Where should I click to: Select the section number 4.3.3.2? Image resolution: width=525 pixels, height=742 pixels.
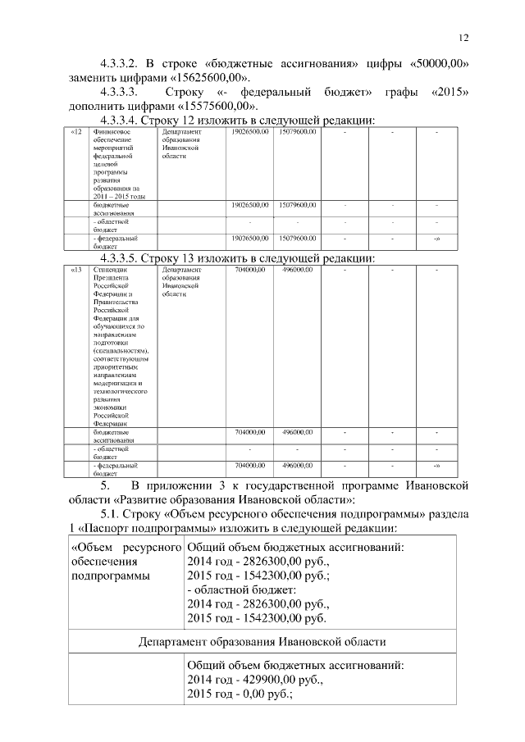121,63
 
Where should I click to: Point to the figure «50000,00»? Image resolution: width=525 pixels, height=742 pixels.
438,63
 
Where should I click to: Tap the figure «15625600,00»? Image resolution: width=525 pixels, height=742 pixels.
199,77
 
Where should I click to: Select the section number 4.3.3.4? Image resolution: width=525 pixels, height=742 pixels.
121,121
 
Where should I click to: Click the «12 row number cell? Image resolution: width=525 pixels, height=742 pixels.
75,132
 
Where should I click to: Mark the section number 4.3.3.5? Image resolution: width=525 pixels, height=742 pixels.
121,258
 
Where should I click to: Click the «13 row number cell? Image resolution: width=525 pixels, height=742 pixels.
75,269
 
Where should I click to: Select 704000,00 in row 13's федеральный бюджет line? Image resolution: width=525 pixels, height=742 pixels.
249,466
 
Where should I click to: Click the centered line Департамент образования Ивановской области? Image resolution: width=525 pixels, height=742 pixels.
262,641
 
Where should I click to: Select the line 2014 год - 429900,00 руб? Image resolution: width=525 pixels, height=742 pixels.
258,681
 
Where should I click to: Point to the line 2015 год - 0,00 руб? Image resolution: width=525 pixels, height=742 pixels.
240,694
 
